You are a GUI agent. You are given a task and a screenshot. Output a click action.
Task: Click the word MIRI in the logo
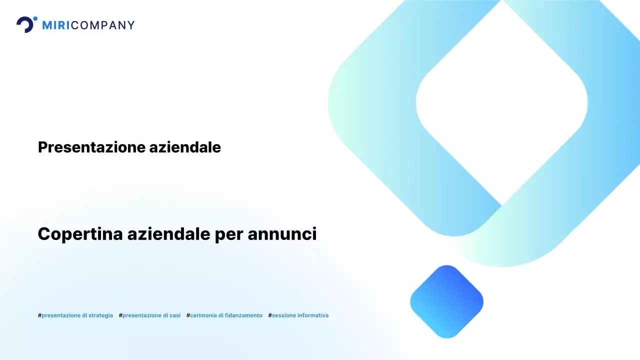tap(55, 25)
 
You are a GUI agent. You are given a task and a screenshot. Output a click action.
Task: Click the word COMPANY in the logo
tap(103, 25)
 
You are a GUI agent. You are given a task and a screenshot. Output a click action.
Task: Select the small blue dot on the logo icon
tap(35, 19)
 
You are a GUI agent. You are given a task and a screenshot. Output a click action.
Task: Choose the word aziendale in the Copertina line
tap(169, 234)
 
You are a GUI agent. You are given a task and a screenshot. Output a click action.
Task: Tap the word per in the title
tap(229, 234)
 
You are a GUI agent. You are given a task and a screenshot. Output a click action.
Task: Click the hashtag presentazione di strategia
tap(75, 315)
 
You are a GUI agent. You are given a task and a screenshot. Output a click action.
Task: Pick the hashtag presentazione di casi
tap(150, 315)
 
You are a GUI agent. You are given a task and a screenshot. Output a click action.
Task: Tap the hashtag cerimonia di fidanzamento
tap(224, 315)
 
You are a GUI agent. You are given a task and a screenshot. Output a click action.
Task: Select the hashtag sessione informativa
tap(298, 315)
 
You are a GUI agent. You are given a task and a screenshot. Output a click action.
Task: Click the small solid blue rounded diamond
tap(446, 301)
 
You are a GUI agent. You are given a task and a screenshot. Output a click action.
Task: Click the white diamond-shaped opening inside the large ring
tap(501, 102)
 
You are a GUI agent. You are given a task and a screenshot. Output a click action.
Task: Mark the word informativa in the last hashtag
tap(313, 315)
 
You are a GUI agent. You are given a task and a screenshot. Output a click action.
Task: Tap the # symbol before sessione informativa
tap(270, 315)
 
